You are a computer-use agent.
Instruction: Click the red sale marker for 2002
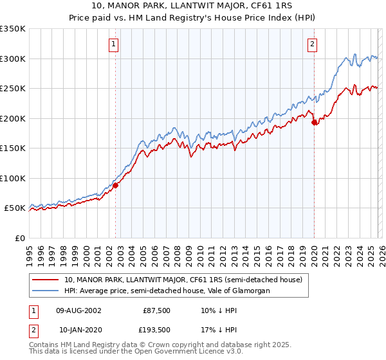[116, 186]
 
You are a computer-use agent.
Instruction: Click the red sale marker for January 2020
[314, 122]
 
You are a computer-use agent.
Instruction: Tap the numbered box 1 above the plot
[113, 44]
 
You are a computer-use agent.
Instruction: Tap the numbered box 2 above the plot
[312, 44]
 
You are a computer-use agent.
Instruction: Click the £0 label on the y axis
[20, 238]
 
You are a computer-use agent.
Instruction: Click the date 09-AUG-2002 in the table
[78, 310]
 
